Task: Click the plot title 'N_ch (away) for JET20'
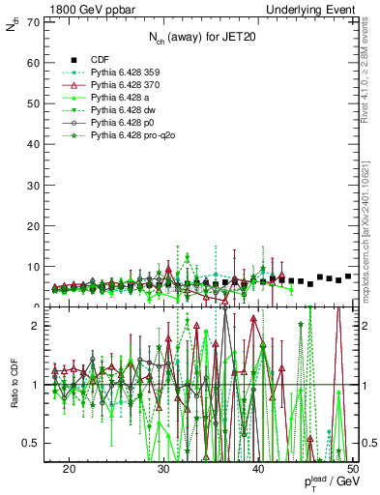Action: (201, 38)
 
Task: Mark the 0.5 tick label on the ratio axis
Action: (30, 443)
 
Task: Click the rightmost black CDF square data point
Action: (348, 277)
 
